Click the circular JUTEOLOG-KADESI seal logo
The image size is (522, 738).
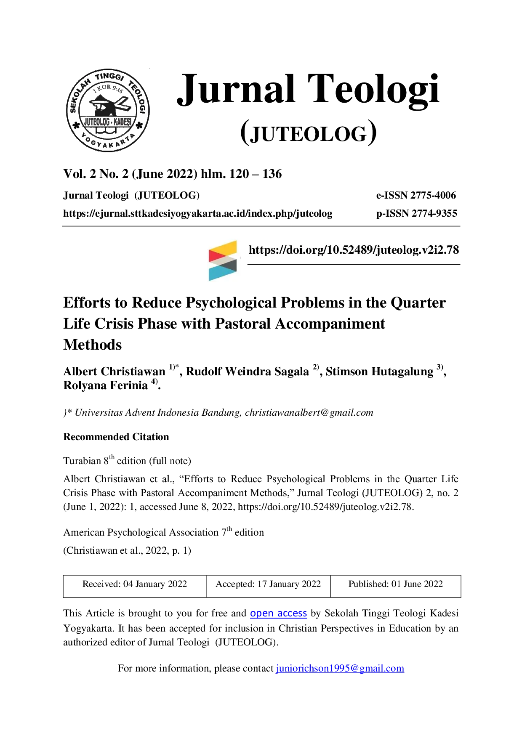(108, 110)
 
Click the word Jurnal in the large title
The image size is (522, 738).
(236, 90)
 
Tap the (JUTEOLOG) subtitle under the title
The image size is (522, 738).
(309, 133)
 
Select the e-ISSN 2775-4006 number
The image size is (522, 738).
(416, 195)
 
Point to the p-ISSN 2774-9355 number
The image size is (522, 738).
(417, 213)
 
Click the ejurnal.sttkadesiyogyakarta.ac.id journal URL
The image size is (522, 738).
(198, 214)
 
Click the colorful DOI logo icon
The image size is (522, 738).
(223, 260)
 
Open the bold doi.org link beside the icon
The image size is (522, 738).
(354, 250)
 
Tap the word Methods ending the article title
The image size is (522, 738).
(93, 345)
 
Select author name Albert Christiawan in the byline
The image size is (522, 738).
(115, 372)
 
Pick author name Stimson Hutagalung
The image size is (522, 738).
(379, 372)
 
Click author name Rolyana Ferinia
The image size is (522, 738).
(105, 385)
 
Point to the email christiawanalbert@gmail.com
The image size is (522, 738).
(309, 413)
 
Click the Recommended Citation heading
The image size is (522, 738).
(116, 437)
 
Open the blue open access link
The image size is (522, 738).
(278, 613)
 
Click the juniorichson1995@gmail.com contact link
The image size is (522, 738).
(340, 668)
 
